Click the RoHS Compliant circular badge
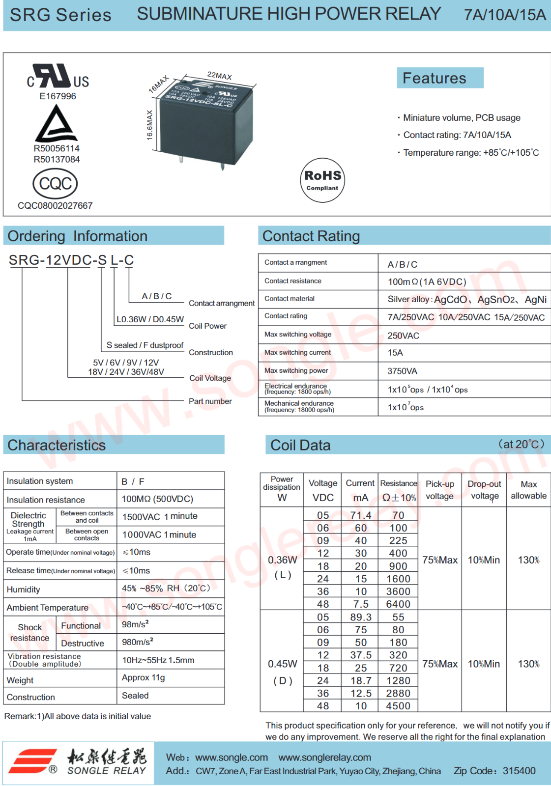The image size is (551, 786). click(322, 180)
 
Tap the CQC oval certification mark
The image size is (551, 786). click(55, 184)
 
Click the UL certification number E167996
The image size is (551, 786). click(58, 96)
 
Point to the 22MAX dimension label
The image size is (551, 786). click(219, 76)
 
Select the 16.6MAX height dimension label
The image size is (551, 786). click(150, 125)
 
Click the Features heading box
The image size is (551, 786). click(440, 78)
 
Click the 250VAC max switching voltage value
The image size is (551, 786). click(403, 336)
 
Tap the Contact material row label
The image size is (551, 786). click(290, 299)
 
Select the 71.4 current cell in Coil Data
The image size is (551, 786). click(361, 515)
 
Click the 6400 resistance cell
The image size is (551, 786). click(398, 604)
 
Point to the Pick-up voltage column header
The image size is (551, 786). click(440, 490)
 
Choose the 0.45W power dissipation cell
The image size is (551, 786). click(283, 664)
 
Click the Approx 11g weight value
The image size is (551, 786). click(144, 678)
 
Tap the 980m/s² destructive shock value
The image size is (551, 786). click(138, 642)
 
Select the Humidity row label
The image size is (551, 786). click(24, 589)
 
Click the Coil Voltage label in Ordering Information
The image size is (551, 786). click(210, 378)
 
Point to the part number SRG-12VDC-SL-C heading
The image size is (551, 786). click(71, 260)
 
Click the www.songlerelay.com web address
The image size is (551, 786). click(325, 758)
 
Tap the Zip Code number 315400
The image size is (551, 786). click(519, 771)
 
